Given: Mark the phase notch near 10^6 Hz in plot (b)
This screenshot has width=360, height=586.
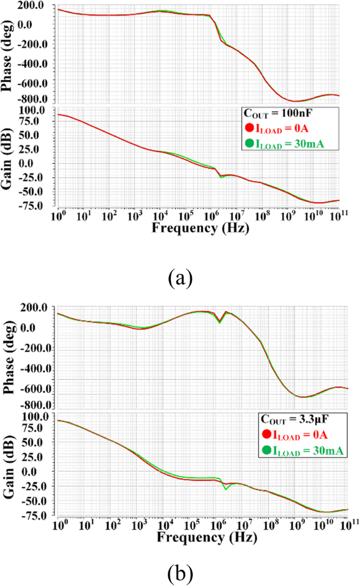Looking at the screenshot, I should pos(220,322).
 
